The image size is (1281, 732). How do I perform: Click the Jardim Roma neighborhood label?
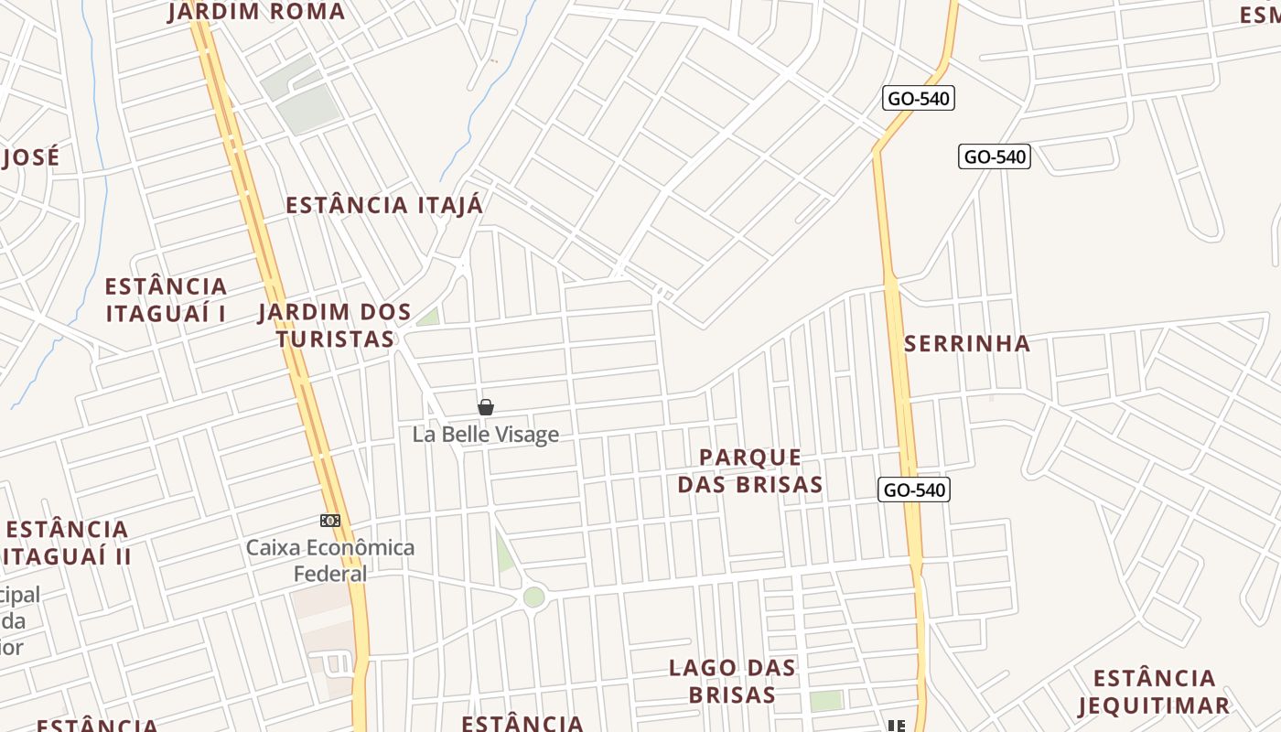257,12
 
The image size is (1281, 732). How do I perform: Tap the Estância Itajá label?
384,205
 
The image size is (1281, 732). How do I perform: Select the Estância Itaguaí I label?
166,299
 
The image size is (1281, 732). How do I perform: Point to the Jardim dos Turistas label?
335,325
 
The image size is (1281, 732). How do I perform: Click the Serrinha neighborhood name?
967,343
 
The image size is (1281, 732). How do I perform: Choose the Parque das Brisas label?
750,470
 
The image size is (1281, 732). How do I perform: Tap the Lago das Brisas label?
732,681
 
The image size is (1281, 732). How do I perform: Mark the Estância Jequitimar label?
1154,692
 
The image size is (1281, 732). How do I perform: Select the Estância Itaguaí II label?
67,543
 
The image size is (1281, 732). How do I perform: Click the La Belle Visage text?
485,434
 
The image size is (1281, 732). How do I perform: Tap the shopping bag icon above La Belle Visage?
486,407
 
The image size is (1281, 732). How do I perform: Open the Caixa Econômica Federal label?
330,560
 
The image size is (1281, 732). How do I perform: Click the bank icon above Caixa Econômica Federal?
330,521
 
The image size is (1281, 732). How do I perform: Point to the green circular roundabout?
533,597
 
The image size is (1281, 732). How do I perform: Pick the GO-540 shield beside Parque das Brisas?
914,490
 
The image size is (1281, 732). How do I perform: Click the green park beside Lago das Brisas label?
825,701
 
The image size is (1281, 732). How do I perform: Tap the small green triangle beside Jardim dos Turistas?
428,318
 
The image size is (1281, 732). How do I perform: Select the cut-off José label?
30,156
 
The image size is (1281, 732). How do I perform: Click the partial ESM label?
1259,15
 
